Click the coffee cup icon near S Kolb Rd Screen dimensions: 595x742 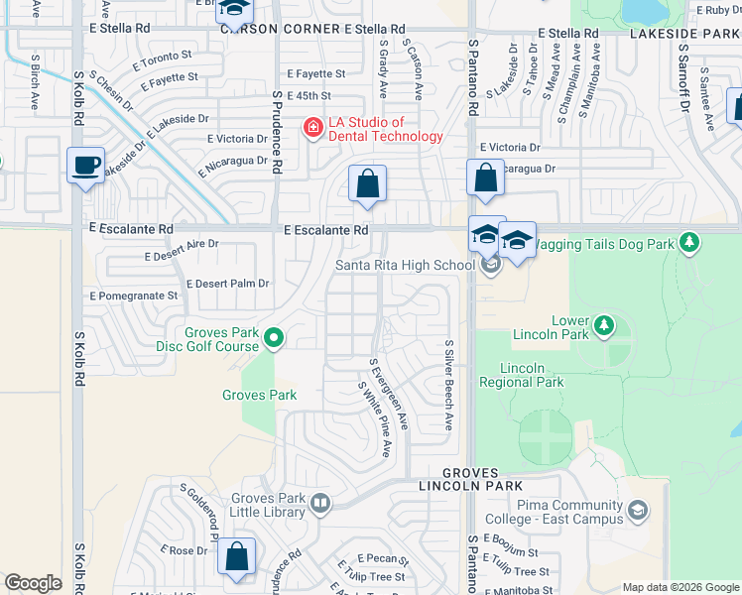click(x=86, y=165)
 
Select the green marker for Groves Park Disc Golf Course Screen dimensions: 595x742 click(x=276, y=340)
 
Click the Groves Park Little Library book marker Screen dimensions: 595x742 click(x=319, y=504)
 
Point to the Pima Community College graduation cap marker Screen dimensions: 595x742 click(x=637, y=512)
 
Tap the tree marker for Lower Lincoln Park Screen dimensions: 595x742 click(x=602, y=325)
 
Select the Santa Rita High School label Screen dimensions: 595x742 click(x=405, y=265)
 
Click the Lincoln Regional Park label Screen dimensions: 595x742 click(x=522, y=375)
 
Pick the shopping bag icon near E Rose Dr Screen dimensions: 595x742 click(x=237, y=556)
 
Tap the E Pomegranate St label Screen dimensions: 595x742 click(x=134, y=296)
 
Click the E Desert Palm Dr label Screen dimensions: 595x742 click(x=227, y=284)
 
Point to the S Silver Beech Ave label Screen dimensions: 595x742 click(x=448, y=385)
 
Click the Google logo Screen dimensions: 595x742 click(x=33, y=583)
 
